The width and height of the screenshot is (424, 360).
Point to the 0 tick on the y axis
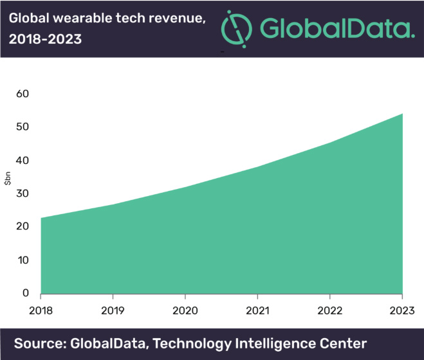26,293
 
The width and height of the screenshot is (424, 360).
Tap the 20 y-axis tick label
23,227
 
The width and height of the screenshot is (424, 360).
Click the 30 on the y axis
23,194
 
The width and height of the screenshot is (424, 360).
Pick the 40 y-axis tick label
23,160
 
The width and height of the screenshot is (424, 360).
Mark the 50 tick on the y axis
23,127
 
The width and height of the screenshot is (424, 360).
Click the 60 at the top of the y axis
23,94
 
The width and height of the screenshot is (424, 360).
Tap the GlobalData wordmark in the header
338,29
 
